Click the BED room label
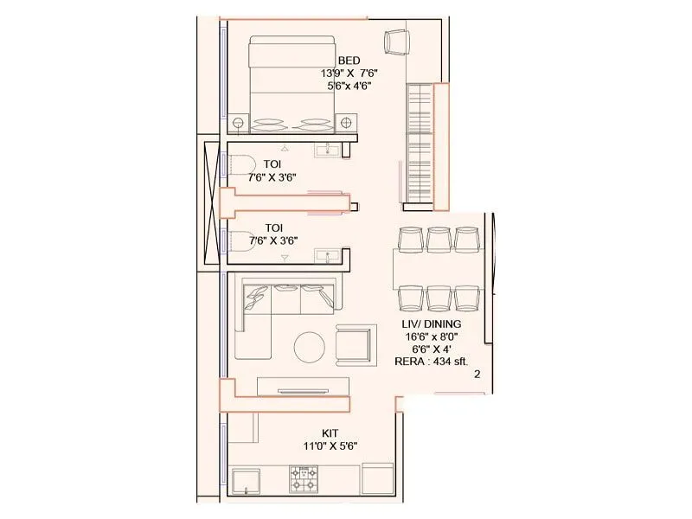click(x=349, y=60)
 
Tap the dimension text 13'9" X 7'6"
click(x=349, y=73)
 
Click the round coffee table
click(x=310, y=347)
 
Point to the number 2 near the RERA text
click(x=477, y=374)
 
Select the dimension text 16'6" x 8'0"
click(x=436, y=336)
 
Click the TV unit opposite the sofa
click(x=303, y=388)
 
